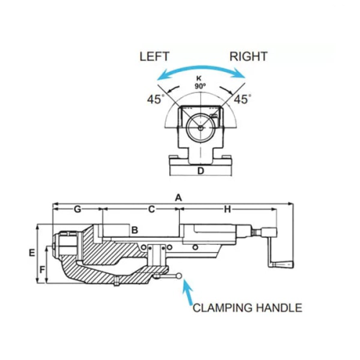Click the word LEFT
click(155, 56)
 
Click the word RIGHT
click(248, 56)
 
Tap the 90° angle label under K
click(200, 86)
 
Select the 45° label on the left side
click(154, 99)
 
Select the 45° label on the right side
click(242, 99)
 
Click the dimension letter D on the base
click(200, 171)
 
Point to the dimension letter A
click(179, 198)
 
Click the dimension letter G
click(77, 210)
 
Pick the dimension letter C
click(151, 210)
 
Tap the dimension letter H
click(228, 210)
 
